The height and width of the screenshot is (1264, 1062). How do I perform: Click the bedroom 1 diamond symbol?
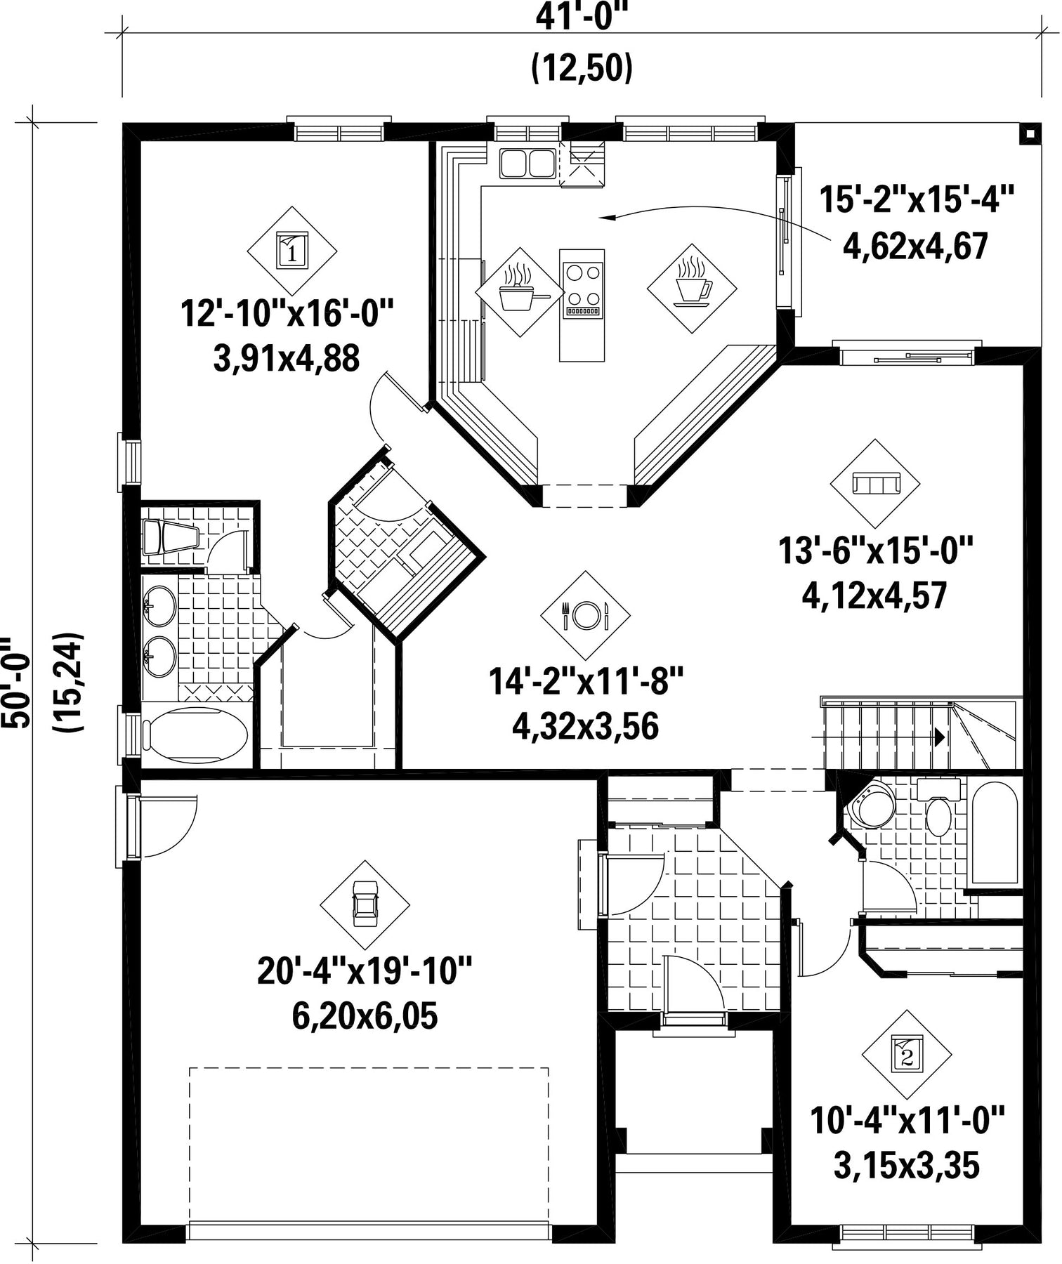click(292, 251)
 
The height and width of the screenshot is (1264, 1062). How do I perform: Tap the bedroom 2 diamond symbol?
click(907, 1054)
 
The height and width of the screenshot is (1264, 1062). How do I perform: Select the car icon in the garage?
click(365, 905)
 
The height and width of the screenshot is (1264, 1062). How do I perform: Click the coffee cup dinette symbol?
click(693, 288)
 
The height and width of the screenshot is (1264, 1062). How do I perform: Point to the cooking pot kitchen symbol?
click(520, 291)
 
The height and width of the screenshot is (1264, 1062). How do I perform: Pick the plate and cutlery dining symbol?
click(585, 615)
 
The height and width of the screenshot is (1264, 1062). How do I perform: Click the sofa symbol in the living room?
click(875, 484)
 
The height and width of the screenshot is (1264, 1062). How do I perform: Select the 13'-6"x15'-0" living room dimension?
click(875, 551)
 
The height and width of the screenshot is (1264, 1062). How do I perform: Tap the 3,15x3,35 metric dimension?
click(906, 1167)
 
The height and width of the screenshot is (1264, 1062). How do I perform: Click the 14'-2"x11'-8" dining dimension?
click(586, 682)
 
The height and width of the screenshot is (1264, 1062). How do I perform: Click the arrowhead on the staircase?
click(938, 737)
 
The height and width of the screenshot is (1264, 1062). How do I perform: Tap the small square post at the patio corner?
click(1030, 134)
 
